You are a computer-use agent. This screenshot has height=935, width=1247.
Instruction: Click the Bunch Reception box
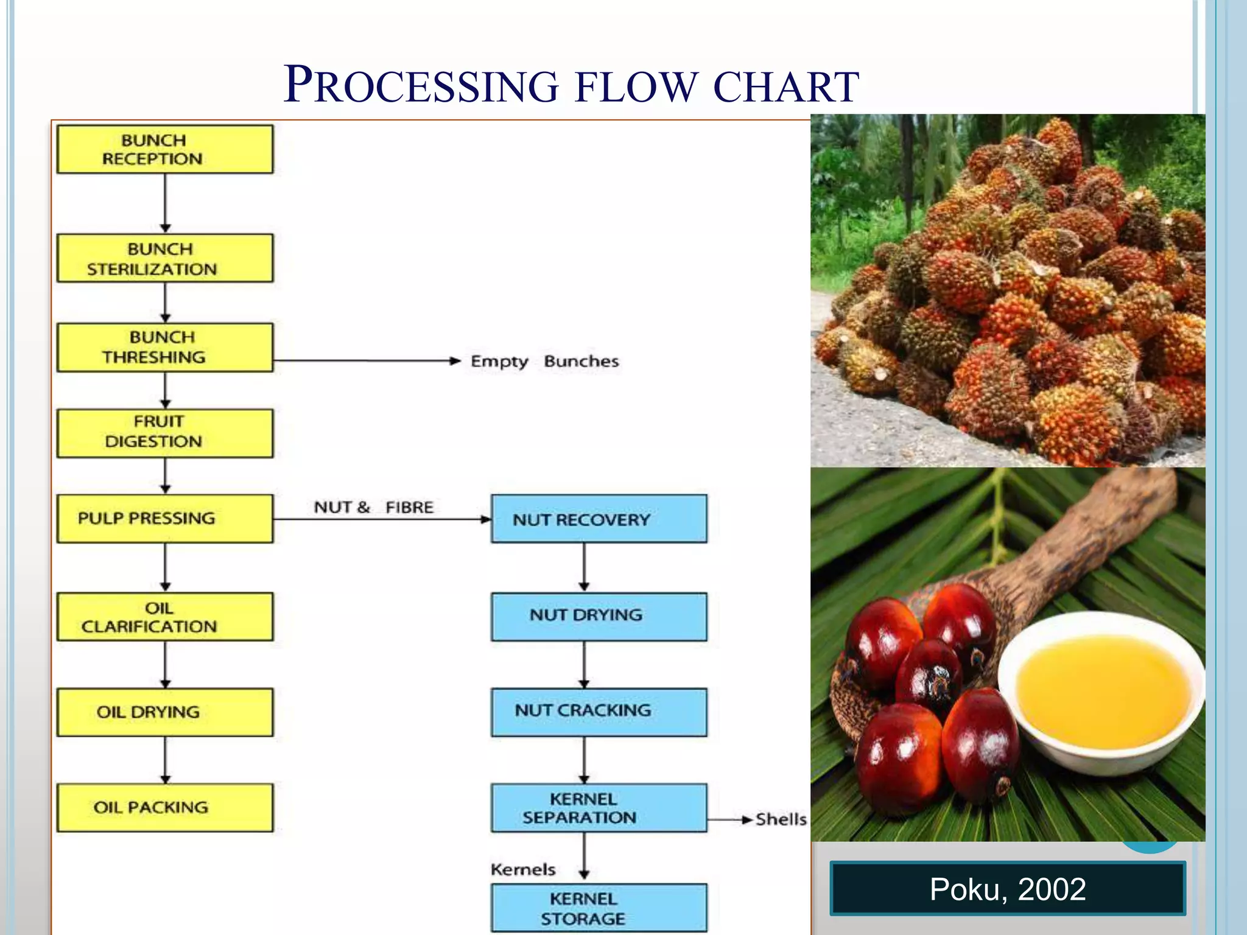click(164, 149)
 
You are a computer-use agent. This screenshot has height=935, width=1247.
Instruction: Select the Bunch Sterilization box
click(164, 258)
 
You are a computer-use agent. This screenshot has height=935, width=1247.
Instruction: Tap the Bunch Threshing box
click(164, 347)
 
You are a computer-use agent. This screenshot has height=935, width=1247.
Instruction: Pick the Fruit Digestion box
click(164, 433)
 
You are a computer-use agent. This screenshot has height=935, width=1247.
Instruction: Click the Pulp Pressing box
click(164, 518)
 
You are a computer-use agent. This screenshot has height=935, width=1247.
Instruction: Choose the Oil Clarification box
click(164, 617)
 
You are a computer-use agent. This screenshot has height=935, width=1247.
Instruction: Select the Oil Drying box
click(164, 712)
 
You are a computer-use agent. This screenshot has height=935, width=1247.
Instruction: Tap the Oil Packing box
click(164, 807)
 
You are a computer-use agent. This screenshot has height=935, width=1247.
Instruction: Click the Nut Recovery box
click(599, 519)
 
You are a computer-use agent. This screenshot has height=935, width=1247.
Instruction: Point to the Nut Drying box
click(599, 616)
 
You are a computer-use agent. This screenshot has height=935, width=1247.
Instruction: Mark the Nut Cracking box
click(599, 712)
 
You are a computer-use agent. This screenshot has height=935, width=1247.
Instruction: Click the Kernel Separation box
click(599, 808)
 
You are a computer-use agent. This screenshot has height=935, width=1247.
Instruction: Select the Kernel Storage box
click(599, 908)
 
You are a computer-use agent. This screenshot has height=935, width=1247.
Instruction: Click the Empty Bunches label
click(544, 361)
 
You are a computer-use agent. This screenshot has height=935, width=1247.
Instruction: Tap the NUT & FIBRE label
click(373, 507)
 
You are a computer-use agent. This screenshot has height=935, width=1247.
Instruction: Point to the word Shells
click(781, 819)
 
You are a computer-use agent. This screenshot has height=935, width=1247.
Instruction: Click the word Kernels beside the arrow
click(523, 869)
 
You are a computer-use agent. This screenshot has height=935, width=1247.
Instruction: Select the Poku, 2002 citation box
click(1007, 889)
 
